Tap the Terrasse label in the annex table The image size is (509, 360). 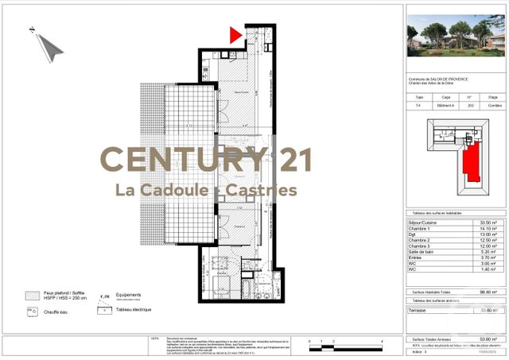coord(418,310)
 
